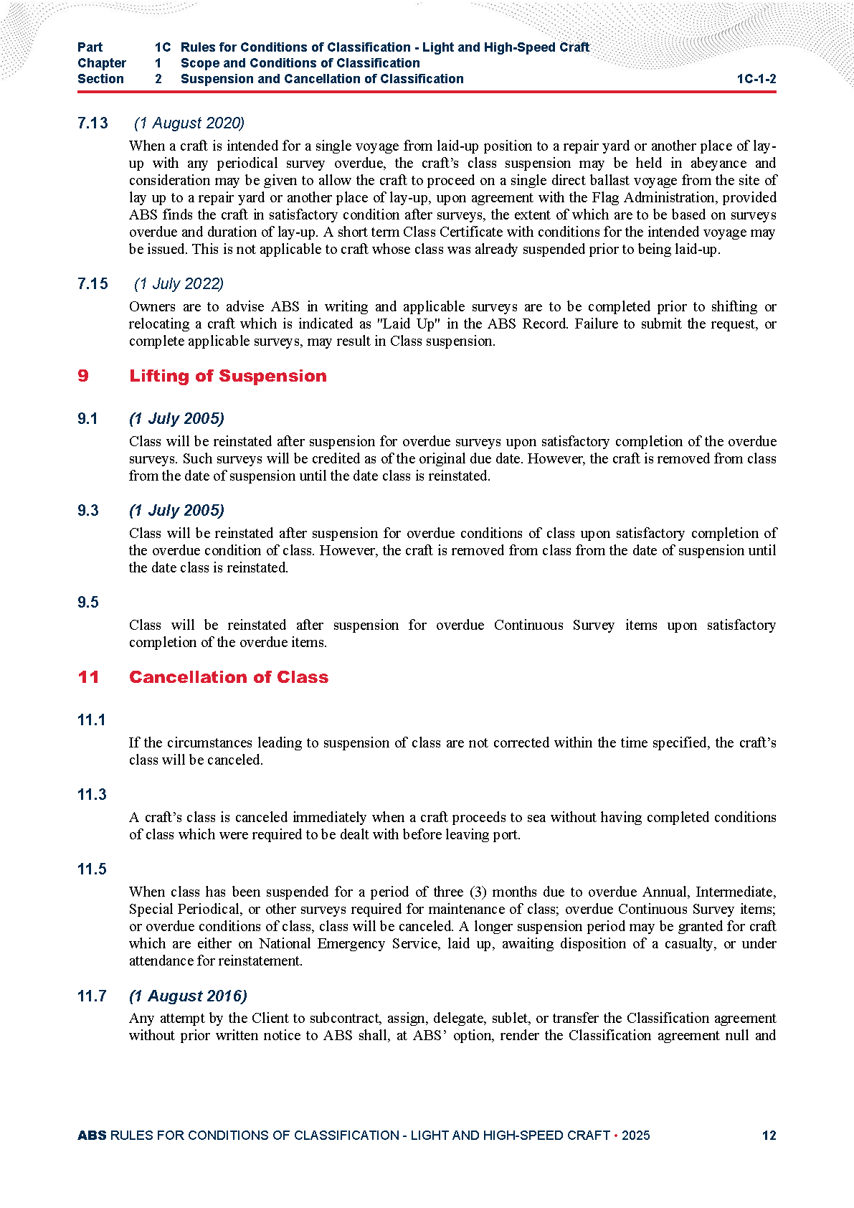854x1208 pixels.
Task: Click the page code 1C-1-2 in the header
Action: (x=756, y=79)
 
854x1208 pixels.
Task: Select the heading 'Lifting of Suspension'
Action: (x=227, y=376)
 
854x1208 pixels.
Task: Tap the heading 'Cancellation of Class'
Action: (x=229, y=677)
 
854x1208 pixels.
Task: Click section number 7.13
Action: (x=92, y=123)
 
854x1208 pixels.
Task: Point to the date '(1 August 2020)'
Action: (x=189, y=123)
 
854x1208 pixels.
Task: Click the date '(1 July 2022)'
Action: (x=179, y=284)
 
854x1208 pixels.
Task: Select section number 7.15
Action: (x=92, y=284)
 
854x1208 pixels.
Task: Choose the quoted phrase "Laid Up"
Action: (x=406, y=324)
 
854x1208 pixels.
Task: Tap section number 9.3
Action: (x=88, y=511)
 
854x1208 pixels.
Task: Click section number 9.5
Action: (x=88, y=603)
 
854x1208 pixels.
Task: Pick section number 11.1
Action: (x=91, y=720)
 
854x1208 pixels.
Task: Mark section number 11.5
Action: (x=92, y=869)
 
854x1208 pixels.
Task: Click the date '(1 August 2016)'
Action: (x=188, y=996)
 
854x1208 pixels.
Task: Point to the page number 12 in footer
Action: (x=769, y=1136)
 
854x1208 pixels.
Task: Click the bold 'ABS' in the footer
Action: (x=92, y=1136)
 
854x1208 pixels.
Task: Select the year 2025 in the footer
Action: (x=636, y=1136)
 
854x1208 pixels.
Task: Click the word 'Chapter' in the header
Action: (x=102, y=63)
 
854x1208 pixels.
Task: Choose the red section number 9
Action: (x=83, y=376)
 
